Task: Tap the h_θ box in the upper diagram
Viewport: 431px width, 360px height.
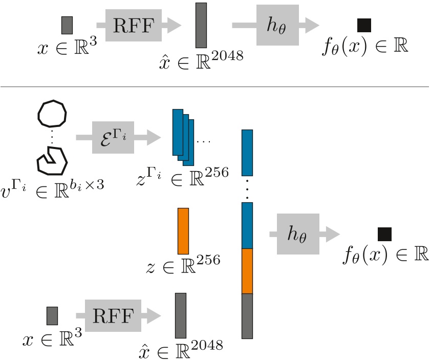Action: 277,25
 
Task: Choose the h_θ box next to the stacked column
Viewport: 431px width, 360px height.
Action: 297,234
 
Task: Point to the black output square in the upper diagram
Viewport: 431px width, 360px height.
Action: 364,25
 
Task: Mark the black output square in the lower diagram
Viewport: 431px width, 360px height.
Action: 384,235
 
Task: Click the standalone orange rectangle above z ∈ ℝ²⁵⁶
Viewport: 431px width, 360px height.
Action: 183,231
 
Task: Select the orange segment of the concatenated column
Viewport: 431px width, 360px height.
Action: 247,271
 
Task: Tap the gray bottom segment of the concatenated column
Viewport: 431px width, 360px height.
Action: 247,316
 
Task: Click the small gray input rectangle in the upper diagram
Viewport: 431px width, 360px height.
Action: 67,25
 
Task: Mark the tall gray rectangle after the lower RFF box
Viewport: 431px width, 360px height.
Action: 180,315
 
